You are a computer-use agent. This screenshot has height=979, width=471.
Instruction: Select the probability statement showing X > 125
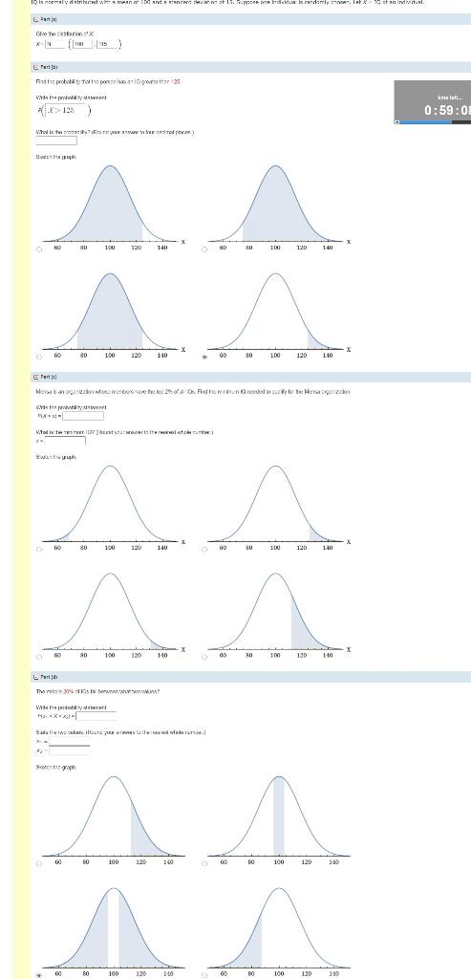click(x=62, y=110)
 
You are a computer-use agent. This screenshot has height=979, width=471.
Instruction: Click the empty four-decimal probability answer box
click(x=56, y=141)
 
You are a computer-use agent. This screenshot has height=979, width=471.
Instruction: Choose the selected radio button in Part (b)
click(x=204, y=358)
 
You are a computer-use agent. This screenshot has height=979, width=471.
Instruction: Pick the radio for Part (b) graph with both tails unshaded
click(x=40, y=358)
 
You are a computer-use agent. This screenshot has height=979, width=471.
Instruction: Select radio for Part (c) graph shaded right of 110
click(x=204, y=657)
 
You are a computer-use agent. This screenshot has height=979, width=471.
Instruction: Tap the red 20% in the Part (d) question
click(x=69, y=690)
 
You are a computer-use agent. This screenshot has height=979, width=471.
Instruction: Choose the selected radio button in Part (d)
click(x=40, y=975)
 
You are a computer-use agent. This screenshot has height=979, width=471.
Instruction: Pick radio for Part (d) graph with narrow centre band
click(x=204, y=864)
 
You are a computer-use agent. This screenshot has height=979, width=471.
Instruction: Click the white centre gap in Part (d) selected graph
click(x=113, y=927)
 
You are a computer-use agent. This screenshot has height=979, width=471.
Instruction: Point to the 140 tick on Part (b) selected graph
click(x=327, y=355)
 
